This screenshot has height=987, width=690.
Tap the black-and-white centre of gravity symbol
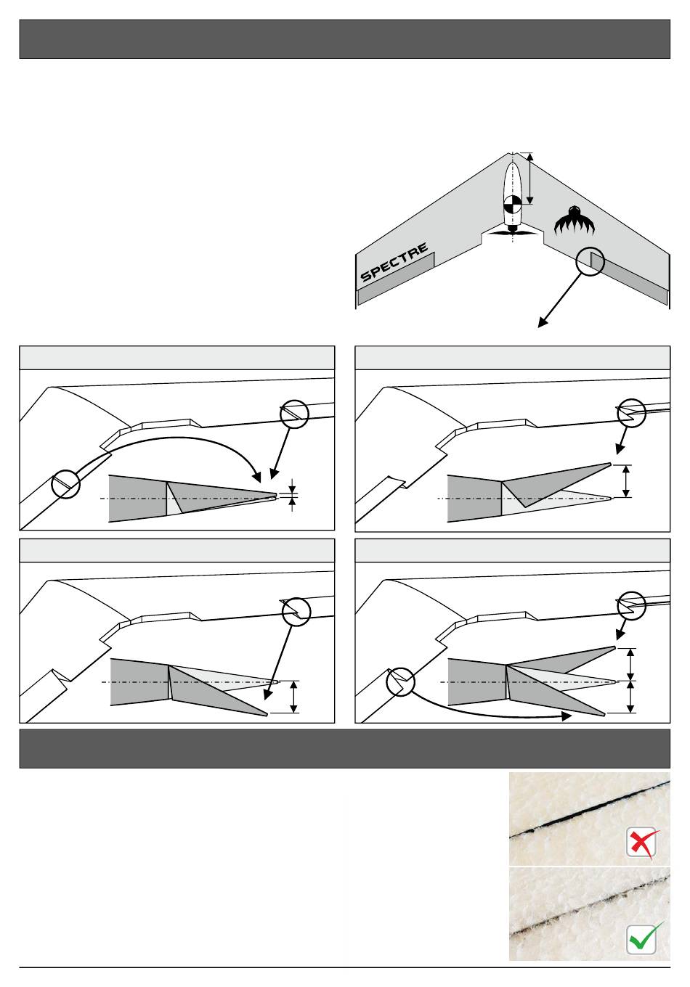(x=512, y=205)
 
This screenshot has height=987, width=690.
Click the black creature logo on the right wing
(x=575, y=221)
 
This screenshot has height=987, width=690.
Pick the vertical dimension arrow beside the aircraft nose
(x=531, y=179)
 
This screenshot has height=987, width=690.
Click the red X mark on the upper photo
(x=641, y=843)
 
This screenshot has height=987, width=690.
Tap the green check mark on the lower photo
(x=644, y=938)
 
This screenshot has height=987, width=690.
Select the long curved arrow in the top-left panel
(x=182, y=444)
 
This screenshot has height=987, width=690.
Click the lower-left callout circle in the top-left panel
(x=66, y=483)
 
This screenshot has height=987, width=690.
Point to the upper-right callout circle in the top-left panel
(x=295, y=414)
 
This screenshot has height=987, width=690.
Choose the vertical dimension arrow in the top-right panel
(x=626, y=480)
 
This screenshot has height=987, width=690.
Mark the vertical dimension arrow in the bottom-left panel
(x=293, y=697)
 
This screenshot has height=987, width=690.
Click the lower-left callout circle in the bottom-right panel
(x=400, y=681)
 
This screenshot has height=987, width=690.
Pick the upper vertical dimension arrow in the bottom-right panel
(x=631, y=663)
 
